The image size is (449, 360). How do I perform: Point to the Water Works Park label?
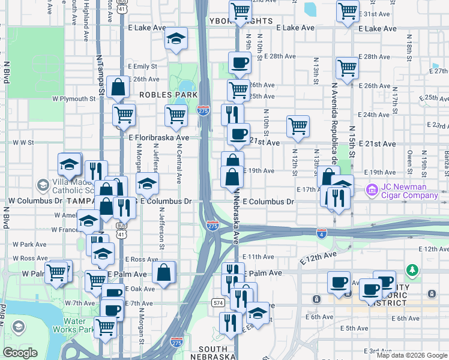tap(78, 325)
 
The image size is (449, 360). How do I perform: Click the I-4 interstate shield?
tap(322, 233)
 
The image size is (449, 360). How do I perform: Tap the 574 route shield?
tap(218, 303)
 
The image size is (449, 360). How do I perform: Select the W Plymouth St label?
tap(74, 99)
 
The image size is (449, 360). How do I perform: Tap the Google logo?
tap(20, 353)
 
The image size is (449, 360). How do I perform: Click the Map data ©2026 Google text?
tap(412, 355)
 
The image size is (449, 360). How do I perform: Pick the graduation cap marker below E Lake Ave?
tap(175, 39)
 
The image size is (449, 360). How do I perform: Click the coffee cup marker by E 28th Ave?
tap(240, 62)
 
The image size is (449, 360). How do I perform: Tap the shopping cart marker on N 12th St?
tap(298, 126)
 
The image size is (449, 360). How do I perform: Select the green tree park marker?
tap(412, 271)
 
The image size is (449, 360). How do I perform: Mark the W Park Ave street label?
tap(34, 244)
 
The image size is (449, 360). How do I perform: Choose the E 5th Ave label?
tap(354, 329)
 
